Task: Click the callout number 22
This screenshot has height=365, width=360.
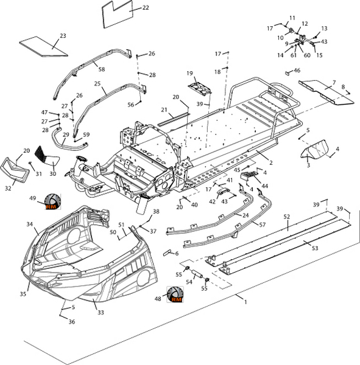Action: click(146, 8)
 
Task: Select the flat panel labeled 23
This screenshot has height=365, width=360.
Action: click(44, 46)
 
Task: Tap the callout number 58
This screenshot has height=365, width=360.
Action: click(102, 69)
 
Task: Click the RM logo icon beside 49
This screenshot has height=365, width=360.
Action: click(52, 201)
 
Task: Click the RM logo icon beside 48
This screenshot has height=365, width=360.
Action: click(175, 294)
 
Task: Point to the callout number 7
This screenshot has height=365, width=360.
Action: click(334, 82)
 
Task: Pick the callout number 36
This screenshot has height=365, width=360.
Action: click(72, 322)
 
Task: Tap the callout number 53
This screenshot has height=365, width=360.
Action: click(315, 248)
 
